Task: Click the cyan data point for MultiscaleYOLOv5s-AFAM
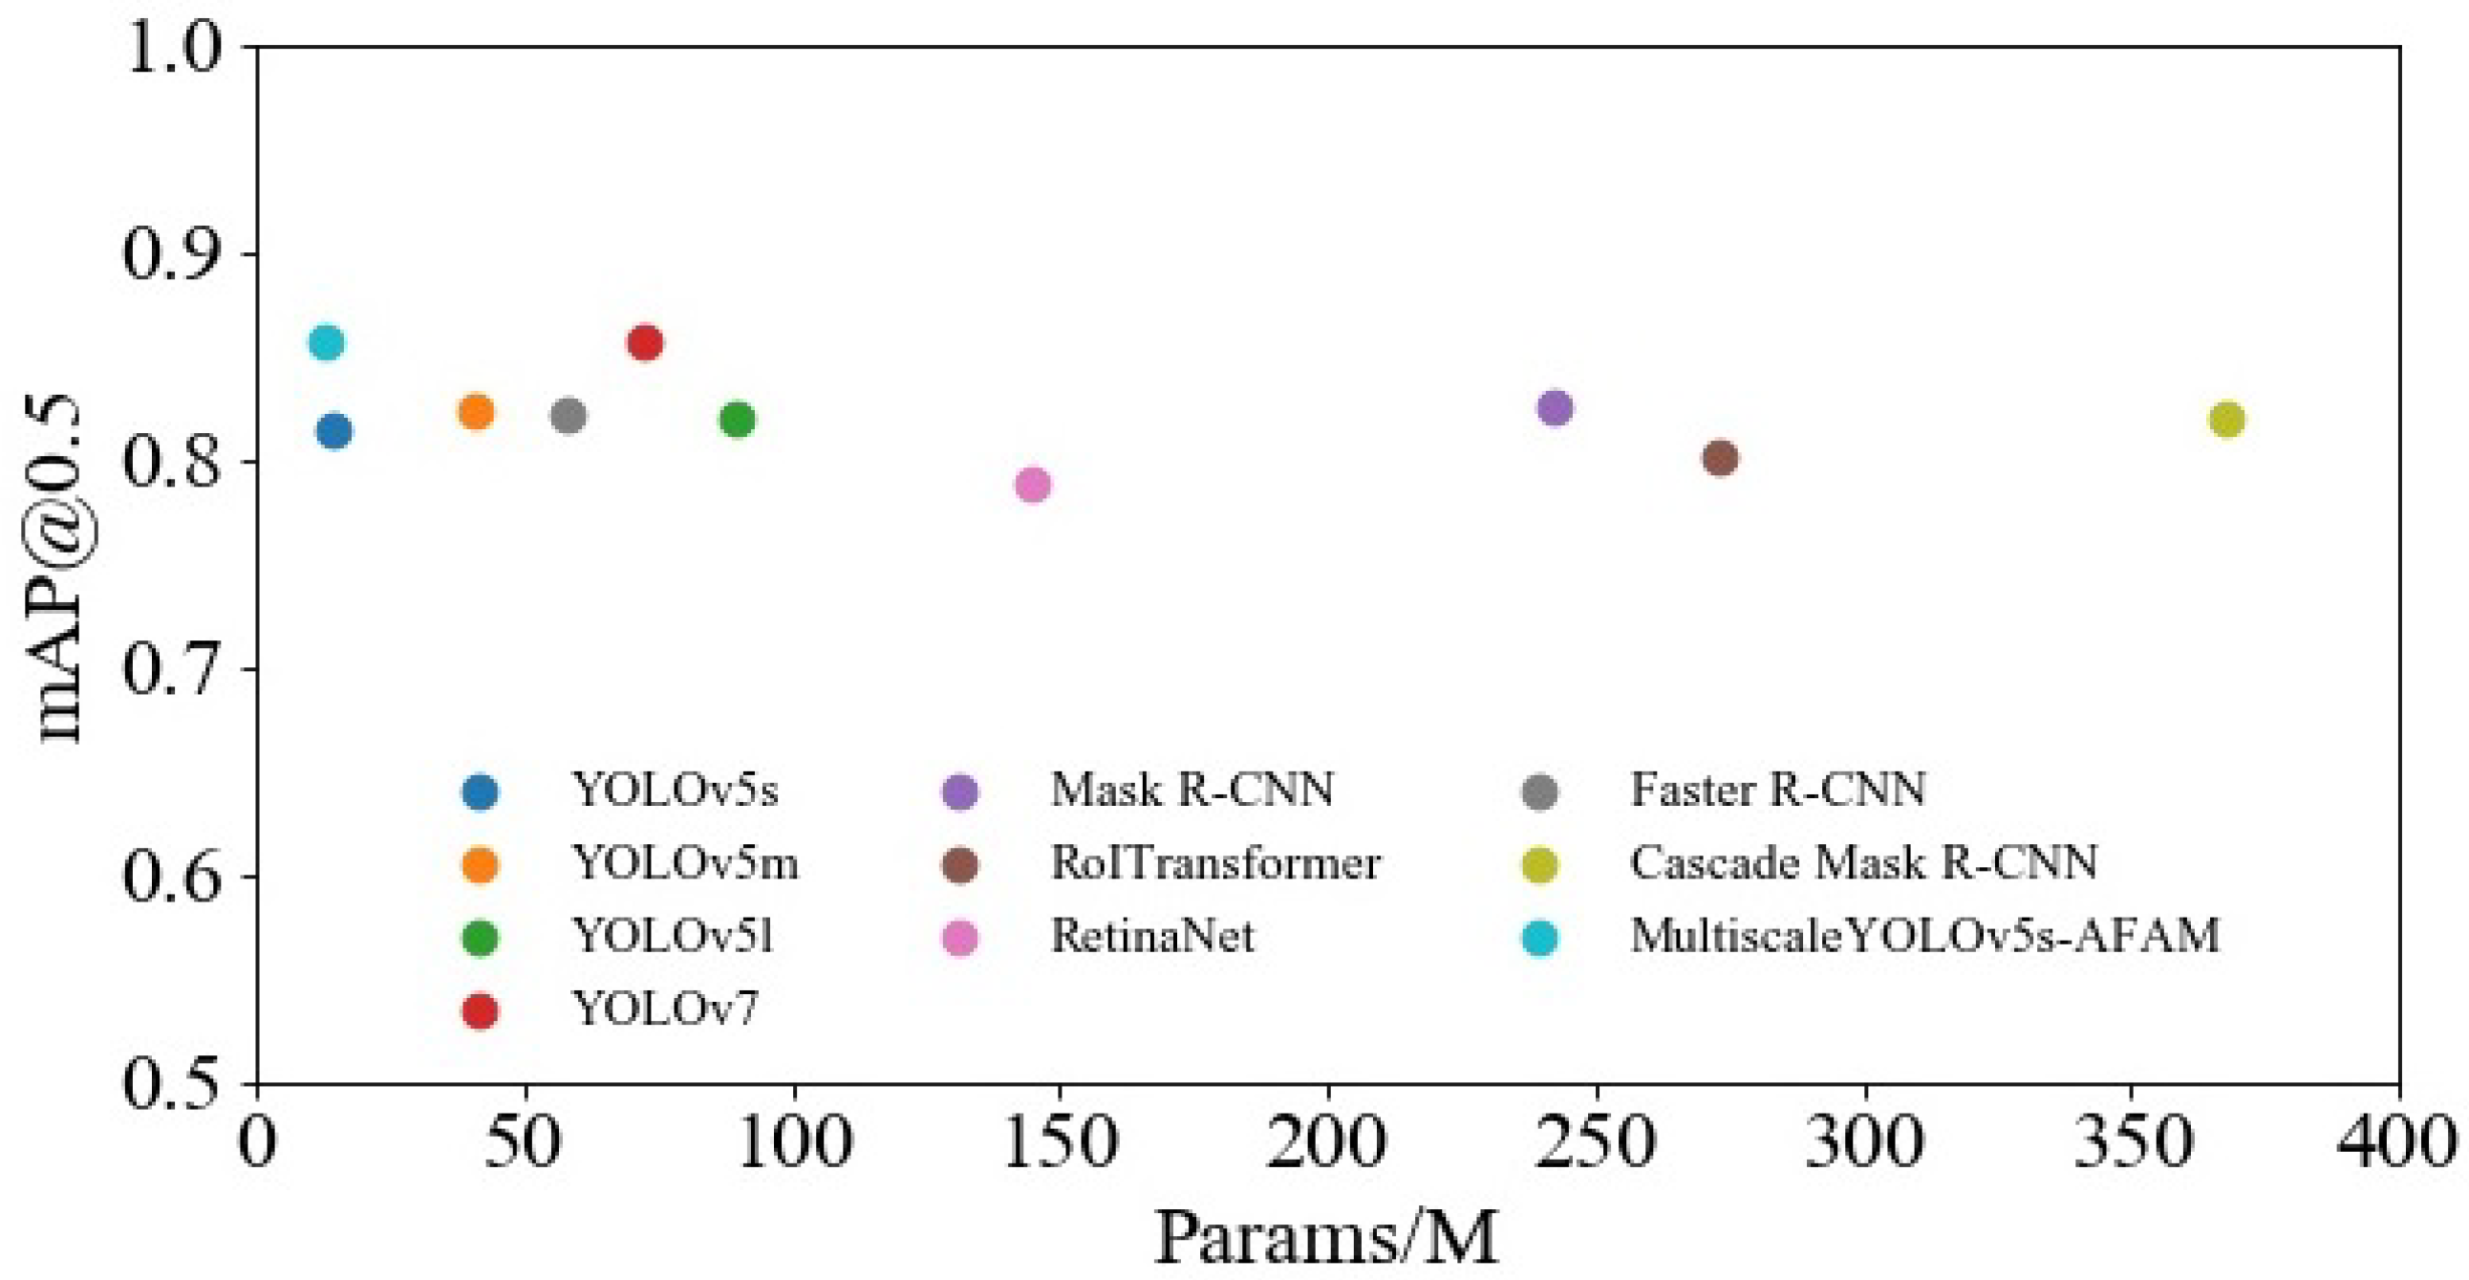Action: (x=327, y=342)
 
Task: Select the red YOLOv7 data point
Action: (x=645, y=342)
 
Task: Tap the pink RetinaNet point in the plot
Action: (x=1032, y=485)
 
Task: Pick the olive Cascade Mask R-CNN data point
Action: (x=2226, y=419)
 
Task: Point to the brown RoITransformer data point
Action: (x=1721, y=458)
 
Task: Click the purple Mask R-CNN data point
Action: (x=1555, y=407)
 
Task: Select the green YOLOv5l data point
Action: (x=737, y=419)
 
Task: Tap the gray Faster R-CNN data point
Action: (x=569, y=415)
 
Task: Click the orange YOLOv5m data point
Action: (x=476, y=411)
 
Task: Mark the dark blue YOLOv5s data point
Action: (x=333, y=430)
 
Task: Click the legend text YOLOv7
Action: (x=665, y=1009)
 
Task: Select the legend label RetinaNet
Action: (x=1152, y=936)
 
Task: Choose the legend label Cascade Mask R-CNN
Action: (x=1863, y=863)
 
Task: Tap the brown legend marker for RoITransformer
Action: (x=960, y=865)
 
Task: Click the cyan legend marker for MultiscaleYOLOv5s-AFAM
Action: (x=1539, y=938)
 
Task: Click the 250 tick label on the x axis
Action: (x=1595, y=1143)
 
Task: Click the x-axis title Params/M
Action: (x=1326, y=1239)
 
